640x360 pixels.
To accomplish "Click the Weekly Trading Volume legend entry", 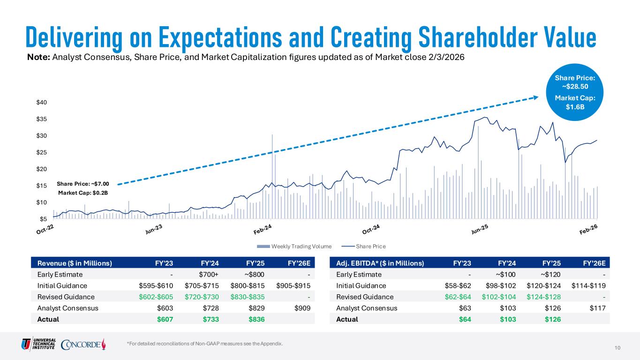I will coord(294,246).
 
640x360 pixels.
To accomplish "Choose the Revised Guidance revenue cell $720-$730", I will coord(205,297).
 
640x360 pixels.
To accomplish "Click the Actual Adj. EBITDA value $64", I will coord(465,319).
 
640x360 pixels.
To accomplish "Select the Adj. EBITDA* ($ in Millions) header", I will coord(380,263).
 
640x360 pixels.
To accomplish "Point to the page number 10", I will coord(617,347).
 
